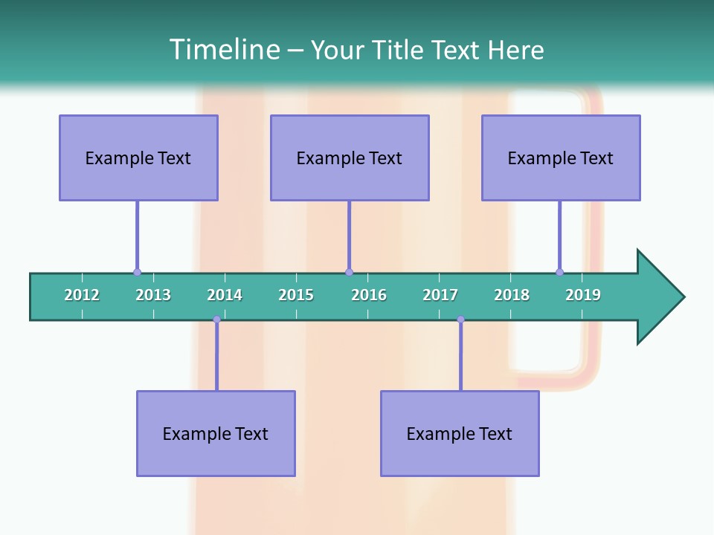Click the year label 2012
coord(82,295)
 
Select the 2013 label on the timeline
coord(153,295)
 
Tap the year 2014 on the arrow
coord(225,295)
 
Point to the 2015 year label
coord(296,295)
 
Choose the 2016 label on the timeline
coord(369,295)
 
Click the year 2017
coord(440,295)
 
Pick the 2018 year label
coord(512,295)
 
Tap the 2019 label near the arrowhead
coord(583,295)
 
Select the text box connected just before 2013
coord(138,158)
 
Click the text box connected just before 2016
coord(350,158)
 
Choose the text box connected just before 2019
coord(561,158)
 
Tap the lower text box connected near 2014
coord(216,433)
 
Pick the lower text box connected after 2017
coord(460,433)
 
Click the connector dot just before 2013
coord(137,273)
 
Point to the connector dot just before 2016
coord(349,273)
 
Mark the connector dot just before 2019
coord(559,273)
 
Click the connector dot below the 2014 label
coord(216,320)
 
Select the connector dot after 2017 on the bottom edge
coord(460,320)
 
